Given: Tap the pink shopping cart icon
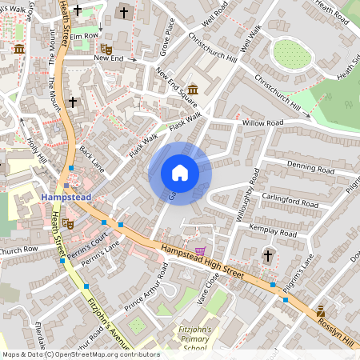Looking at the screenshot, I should (x=210, y=250).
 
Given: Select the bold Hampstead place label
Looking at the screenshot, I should (x=66, y=196).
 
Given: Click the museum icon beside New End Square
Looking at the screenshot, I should (x=193, y=89).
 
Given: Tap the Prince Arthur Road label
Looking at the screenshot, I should (x=146, y=291).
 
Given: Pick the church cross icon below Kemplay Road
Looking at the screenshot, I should (x=268, y=255).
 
